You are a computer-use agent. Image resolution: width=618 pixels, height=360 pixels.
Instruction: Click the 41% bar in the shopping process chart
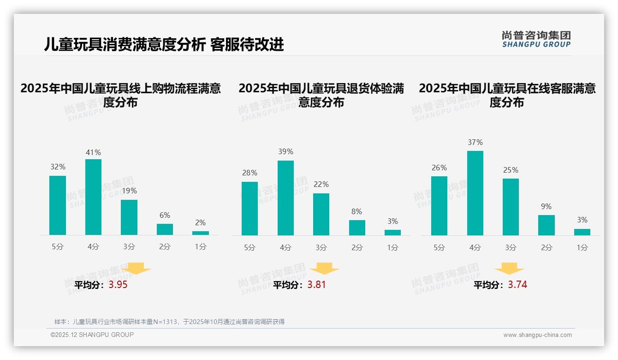(93, 197)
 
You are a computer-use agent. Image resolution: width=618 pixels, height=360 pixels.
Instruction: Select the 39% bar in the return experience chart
(285, 198)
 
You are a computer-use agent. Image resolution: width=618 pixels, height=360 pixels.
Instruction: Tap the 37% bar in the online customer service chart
(475, 193)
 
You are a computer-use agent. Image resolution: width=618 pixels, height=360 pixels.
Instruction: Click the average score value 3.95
(118, 285)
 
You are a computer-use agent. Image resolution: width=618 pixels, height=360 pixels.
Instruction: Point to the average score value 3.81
(316, 285)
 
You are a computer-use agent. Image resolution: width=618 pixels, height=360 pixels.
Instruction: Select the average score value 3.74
(517, 285)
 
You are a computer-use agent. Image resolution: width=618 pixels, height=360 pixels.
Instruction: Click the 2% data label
(200, 222)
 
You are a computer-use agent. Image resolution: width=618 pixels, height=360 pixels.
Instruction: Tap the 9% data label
(546, 206)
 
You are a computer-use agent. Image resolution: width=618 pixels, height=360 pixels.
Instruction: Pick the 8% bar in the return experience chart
(357, 228)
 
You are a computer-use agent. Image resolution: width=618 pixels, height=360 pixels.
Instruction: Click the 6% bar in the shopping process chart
(165, 229)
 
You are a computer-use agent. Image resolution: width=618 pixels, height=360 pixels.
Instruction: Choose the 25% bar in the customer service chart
(511, 207)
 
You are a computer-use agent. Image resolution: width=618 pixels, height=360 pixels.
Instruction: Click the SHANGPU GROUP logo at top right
(536, 39)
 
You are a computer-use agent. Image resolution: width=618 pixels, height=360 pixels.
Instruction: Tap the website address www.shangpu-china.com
(537, 335)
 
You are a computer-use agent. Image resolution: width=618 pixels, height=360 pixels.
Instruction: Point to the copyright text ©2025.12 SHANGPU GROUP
(92, 335)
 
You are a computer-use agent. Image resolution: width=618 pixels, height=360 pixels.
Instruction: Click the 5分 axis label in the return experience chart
(250, 248)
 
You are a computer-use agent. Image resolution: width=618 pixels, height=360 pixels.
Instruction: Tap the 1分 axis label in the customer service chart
(582, 248)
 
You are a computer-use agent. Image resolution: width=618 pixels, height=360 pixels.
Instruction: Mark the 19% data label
(129, 191)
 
